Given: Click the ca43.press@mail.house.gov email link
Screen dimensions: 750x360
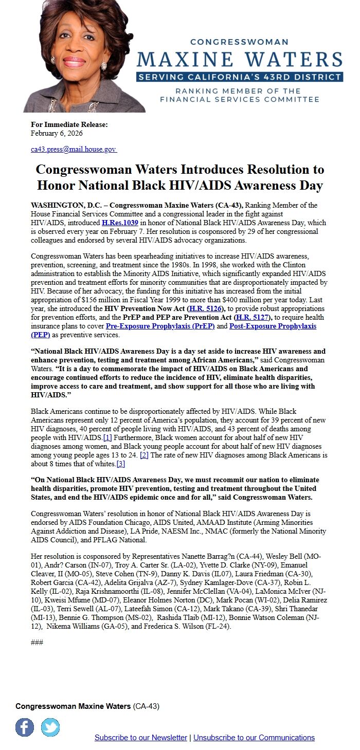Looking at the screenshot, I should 73,149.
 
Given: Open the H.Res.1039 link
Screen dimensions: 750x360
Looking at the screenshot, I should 120,223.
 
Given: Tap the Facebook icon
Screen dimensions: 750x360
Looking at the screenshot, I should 25,727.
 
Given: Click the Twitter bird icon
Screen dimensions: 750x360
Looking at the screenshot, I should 50,727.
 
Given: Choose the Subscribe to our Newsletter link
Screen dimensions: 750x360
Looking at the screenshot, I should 140,738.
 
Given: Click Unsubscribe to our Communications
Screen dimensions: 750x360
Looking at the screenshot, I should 254,738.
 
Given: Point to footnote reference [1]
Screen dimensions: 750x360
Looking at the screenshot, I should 107,438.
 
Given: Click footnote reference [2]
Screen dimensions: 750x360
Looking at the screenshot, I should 145,455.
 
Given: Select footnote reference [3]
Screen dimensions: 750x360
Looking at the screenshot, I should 121,464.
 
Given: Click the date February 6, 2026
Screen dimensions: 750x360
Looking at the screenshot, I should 57,133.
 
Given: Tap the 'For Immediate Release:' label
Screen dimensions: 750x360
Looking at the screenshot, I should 69,125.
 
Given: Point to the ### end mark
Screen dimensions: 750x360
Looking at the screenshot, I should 37,643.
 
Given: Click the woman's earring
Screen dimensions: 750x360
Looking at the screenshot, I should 103,66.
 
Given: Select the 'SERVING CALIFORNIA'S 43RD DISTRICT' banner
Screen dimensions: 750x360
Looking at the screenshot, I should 240,77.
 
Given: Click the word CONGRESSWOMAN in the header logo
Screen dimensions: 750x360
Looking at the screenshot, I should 240,42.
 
